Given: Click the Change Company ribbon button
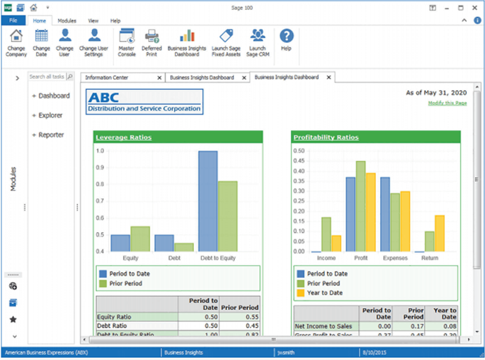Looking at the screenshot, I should (15, 42).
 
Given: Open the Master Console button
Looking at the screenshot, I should (127, 42).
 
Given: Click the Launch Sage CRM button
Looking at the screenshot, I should (257, 42).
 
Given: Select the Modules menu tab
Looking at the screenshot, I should (67, 22).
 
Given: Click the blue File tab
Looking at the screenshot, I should (13, 22).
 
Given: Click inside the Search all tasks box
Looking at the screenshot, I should (46, 77).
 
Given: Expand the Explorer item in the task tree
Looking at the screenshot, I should (50, 115).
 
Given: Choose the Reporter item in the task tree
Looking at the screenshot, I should (51, 135).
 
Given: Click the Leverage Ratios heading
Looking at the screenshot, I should (124, 137).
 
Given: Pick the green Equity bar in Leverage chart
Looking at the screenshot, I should (141, 239).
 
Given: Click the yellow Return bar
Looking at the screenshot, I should (439, 234).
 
